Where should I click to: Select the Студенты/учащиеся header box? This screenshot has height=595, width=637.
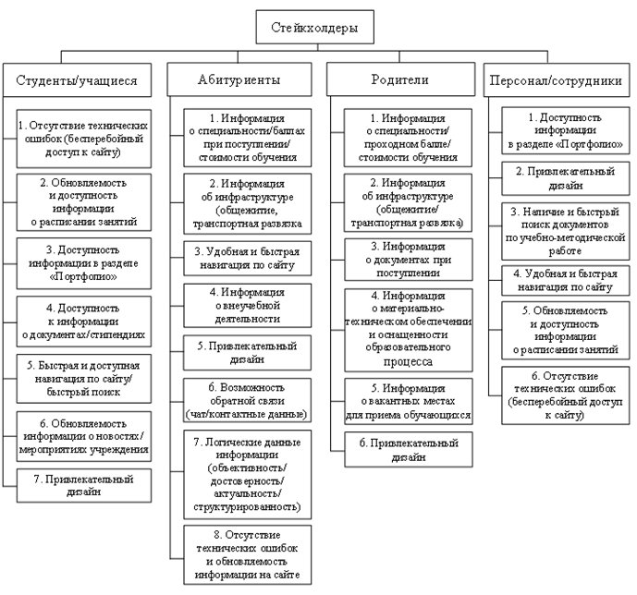click(x=78, y=80)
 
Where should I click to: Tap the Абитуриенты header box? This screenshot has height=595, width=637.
click(x=239, y=80)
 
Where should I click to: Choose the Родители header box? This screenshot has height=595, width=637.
click(x=399, y=80)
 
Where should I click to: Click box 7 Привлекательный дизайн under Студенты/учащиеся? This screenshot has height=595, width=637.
click(x=84, y=485)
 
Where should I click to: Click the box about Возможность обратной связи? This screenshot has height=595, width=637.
click(x=239, y=398)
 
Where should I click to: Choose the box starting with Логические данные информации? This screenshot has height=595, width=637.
click(x=239, y=473)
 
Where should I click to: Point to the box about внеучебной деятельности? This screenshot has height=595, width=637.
click(x=239, y=304)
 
